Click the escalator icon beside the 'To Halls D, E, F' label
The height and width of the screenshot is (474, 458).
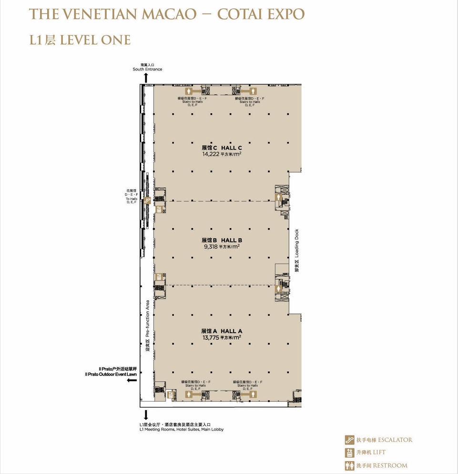(147, 200)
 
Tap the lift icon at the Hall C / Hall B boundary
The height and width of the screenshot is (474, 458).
(159, 209)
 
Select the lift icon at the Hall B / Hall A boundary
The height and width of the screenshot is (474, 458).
(159, 277)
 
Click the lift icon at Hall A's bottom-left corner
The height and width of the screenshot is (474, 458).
(171, 394)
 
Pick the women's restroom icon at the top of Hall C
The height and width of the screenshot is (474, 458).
(189, 91)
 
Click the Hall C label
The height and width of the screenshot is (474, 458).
(222, 148)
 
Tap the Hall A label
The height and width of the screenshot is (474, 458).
(222, 331)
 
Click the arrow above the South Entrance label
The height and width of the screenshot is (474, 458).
(146, 78)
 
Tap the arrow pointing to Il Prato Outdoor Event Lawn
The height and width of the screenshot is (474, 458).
(132, 380)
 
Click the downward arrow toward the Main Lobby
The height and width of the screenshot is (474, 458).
(146, 414)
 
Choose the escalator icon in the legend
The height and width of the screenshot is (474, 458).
(349, 440)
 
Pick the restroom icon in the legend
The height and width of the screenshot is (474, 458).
(349, 465)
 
